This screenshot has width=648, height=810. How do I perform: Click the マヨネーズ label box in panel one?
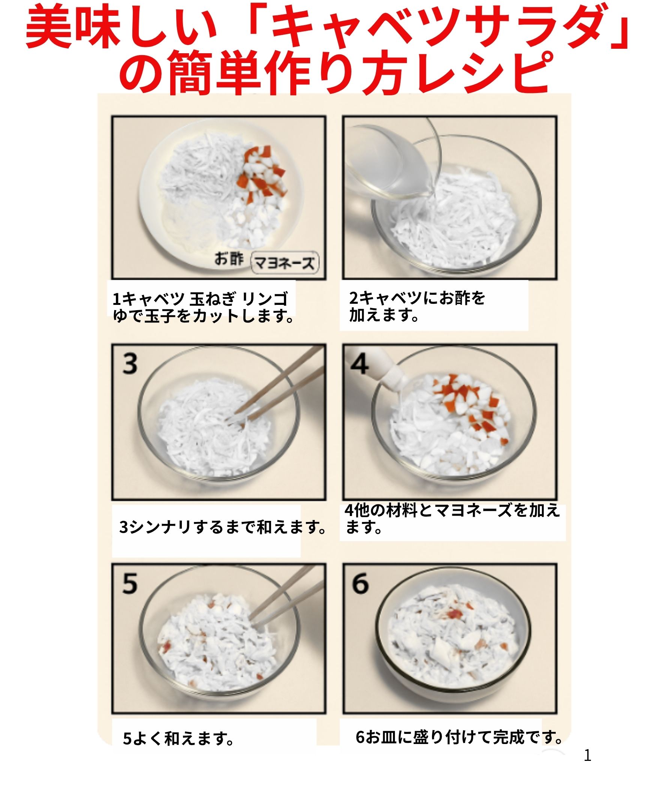[x=284, y=263]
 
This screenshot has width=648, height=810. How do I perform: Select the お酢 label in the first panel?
[x=229, y=258]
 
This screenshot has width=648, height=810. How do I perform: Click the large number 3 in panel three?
[x=130, y=364]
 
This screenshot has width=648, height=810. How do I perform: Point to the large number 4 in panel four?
[x=360, y=364]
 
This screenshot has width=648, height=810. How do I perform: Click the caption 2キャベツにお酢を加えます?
[x=417, y=306]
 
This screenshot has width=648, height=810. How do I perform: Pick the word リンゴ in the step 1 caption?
[x=265, y=299]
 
